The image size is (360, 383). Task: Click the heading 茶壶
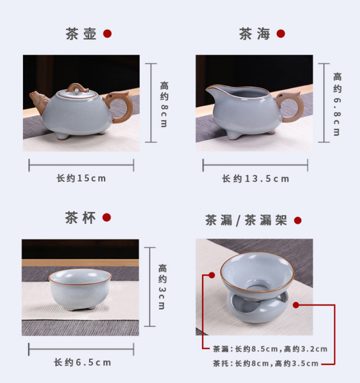click(81, 34)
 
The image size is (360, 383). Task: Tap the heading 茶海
click(254, 34)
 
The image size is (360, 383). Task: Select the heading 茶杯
click(80, 217)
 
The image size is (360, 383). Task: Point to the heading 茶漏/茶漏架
click(246, 220)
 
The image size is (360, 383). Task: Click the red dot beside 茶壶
click(107, 34)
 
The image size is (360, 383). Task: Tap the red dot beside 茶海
click(280, 34)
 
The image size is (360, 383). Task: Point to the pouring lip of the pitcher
click(212, 90)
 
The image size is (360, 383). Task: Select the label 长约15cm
click(81, 178)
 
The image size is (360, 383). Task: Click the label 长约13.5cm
click(255, 179)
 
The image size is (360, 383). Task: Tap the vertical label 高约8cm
click(164, 104)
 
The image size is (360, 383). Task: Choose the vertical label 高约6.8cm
click(337, 104)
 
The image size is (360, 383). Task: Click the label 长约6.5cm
click(82, 363)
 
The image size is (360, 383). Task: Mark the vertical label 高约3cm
click(162, 287)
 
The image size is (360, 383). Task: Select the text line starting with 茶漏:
click(270, 349)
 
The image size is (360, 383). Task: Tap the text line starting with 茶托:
click(265, 364)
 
